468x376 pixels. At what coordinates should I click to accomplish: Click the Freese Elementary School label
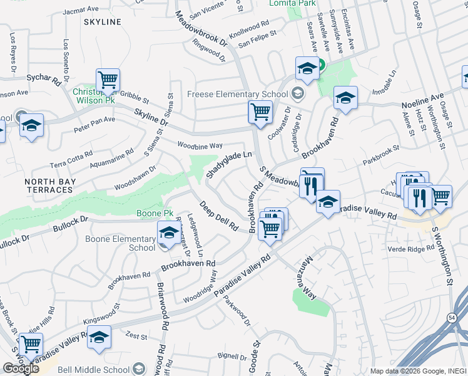237,95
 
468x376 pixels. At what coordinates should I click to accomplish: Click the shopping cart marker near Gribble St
108,80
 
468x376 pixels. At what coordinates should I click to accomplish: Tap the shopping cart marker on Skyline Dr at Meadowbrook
260,112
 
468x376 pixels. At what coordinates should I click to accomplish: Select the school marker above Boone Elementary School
168,233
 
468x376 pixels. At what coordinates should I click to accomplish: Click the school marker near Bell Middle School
99,337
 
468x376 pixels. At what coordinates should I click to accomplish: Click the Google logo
20,368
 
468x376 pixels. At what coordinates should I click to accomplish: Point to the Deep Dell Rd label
219,214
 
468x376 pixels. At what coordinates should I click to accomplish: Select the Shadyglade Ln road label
229,163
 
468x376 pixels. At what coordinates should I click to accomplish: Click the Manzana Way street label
304,279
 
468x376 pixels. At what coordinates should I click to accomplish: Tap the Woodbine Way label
200,145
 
